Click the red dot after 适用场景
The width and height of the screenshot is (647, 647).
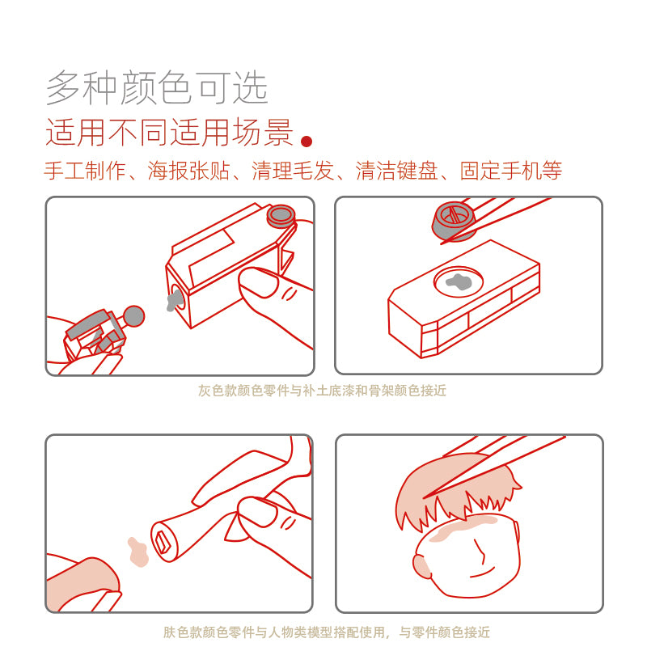point(307,142)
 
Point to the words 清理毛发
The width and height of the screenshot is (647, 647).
point(293,171)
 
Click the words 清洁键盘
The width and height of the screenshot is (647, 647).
point(396,171)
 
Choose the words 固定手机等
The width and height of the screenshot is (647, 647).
point(511,171)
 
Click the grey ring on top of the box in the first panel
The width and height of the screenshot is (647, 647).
point(281,215)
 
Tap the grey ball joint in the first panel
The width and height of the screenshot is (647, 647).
point(133,315)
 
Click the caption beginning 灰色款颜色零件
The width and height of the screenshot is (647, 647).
point(322,391)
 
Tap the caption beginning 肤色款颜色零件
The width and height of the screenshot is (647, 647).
point(326,632)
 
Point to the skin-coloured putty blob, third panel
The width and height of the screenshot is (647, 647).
point(138,551)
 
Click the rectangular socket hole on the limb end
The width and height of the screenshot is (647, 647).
point(163,539)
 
